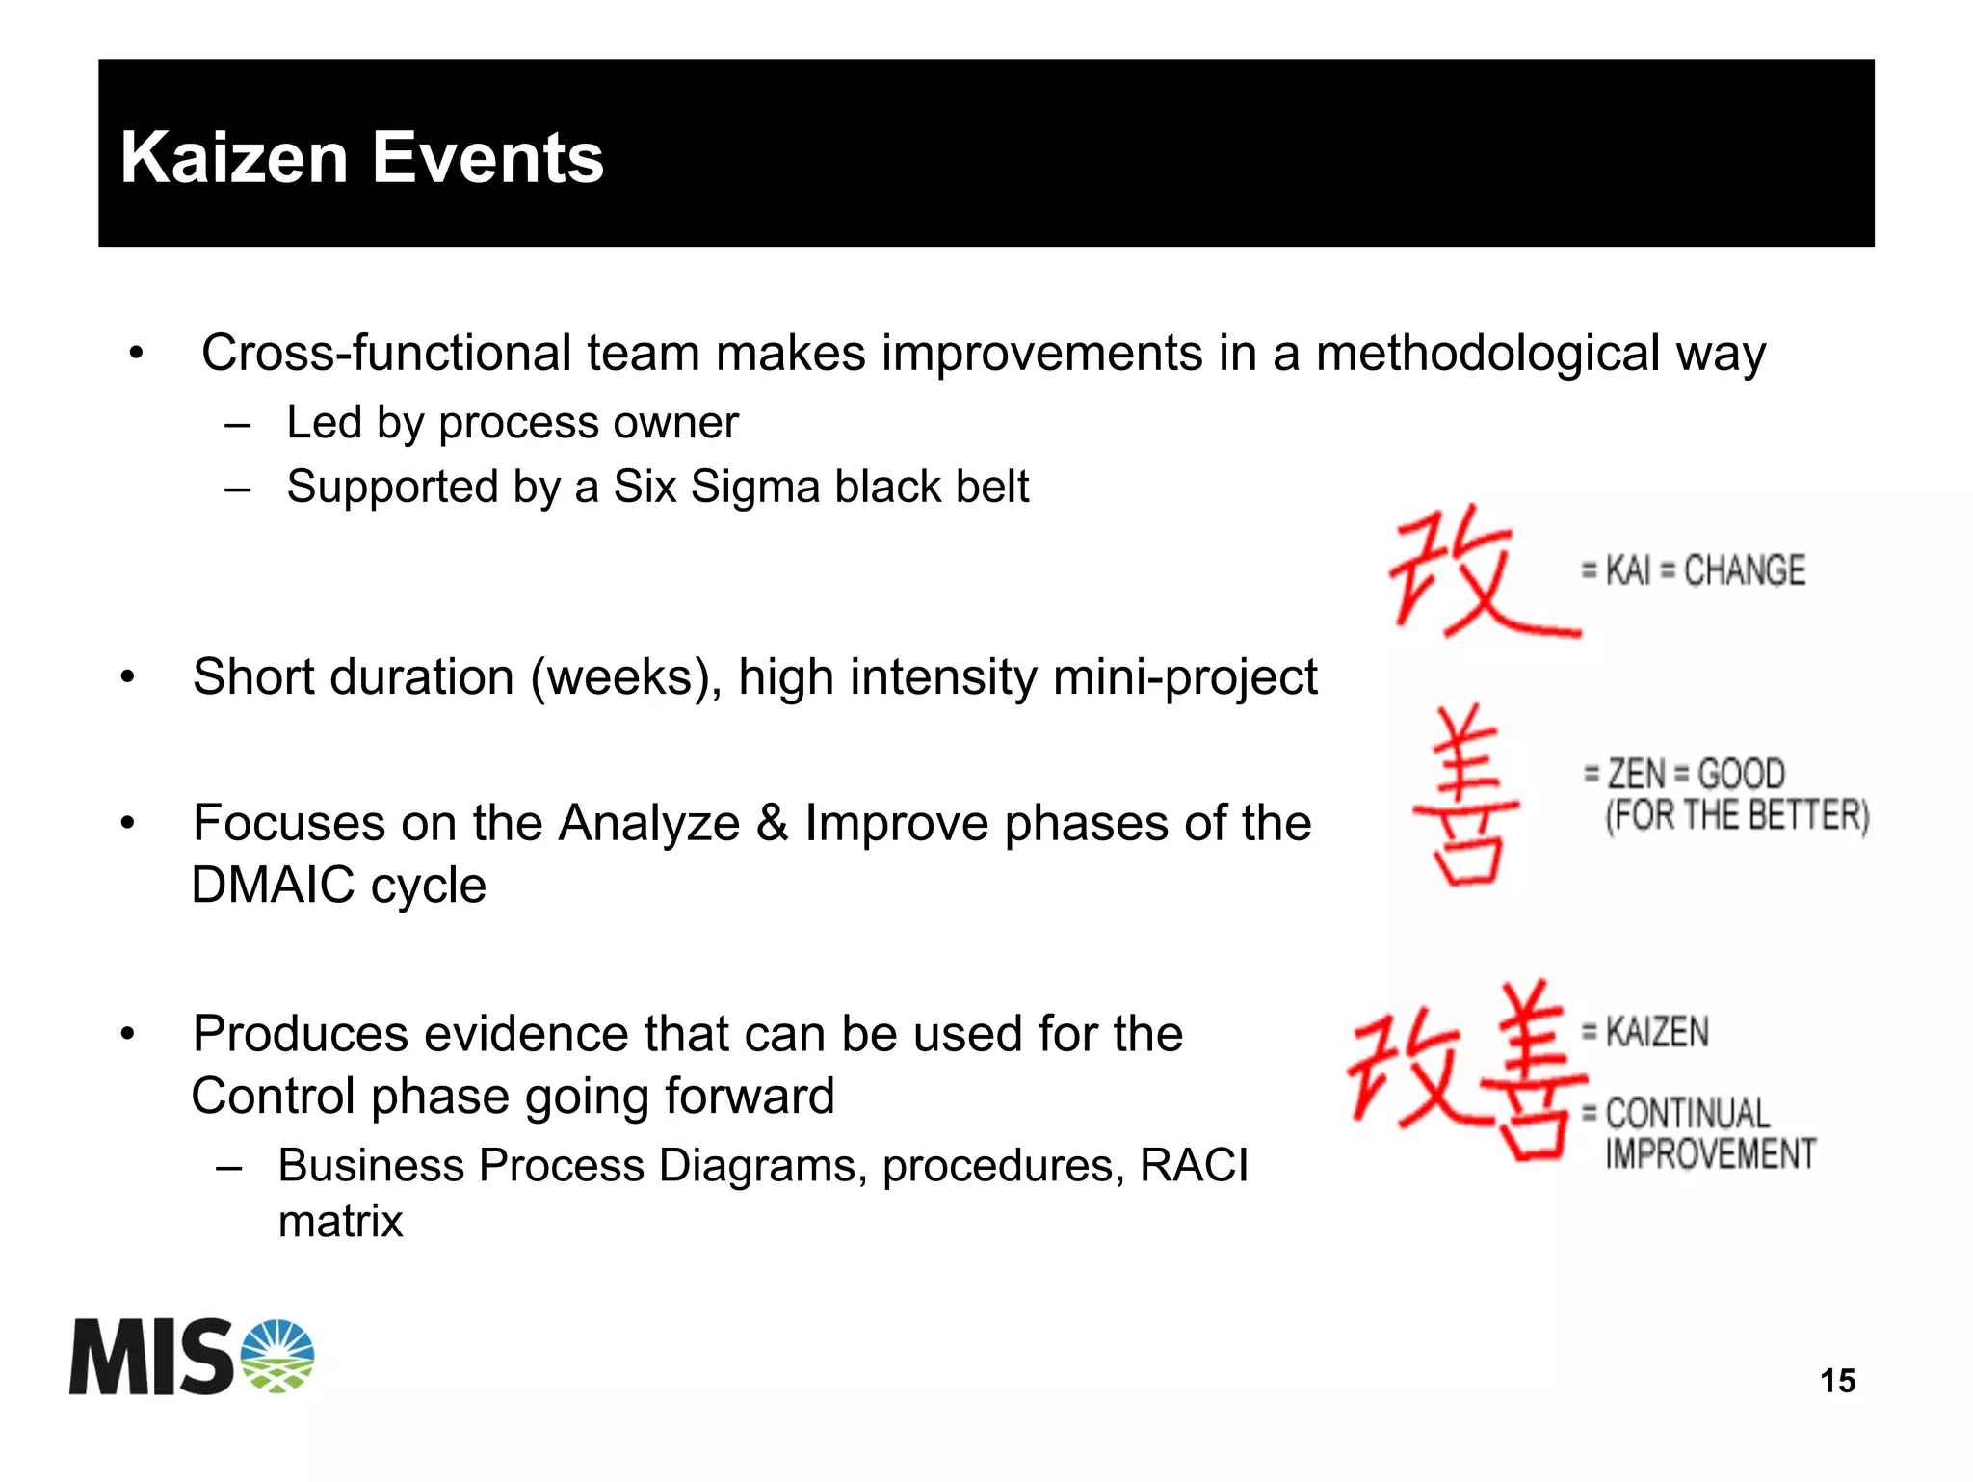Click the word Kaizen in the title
click(x=234, y=158)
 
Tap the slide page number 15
click(x=1837, y=1381)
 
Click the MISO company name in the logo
click(x=152, y=1358)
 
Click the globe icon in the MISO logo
click(x=277, y=1356)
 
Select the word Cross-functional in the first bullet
click(x=388, y=353)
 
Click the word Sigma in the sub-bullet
click(x=757, y=488)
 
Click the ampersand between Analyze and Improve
click(x=773, y=824)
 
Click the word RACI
click(x=1194, y=1166)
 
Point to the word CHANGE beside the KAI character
click(x=1744, y=570)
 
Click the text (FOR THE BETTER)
click(x=1737, y=816)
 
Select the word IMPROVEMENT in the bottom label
click(x=1710, y=1153)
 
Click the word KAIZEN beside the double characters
click(x=1657, y=1032)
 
